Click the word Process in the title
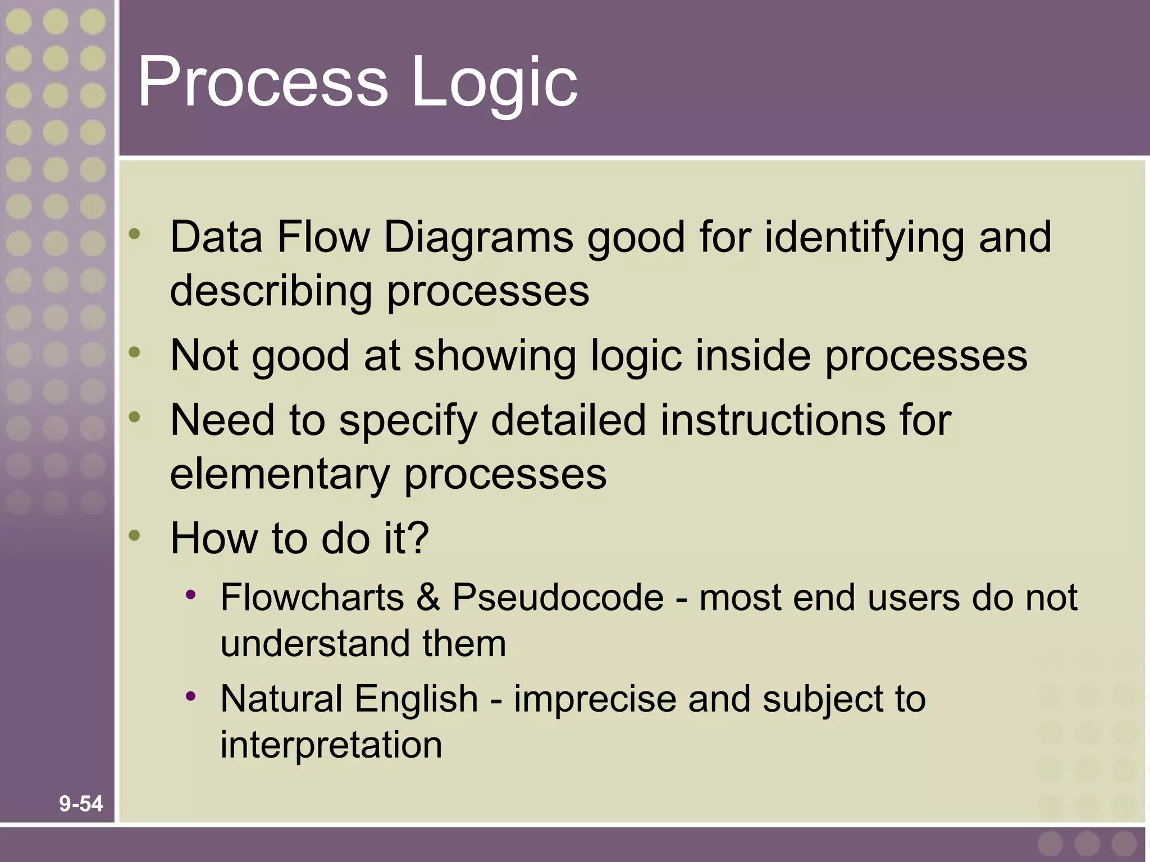[x=262, y=81]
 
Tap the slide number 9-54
[x=81, y=804]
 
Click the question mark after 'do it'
[x=418, y=538]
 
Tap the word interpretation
[x=331, y=745]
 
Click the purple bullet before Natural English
[x=191, y=696]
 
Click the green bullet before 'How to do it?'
[x=134, y=535]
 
